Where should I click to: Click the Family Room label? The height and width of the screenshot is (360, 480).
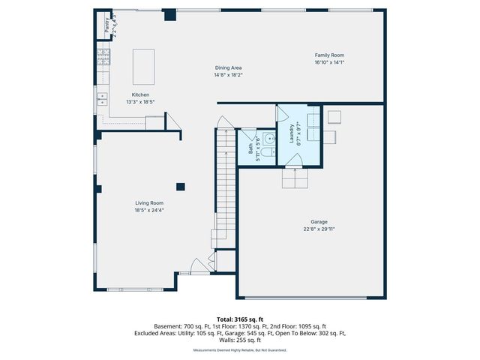coord(329,55)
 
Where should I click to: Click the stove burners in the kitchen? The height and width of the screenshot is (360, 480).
coord(103,55)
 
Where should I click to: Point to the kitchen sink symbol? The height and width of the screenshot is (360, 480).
coord(102,98)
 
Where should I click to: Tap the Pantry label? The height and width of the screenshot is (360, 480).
coord(106,25)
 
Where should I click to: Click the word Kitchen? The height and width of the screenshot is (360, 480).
coord(141,94)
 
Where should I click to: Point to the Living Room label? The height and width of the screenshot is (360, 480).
coord(149,202)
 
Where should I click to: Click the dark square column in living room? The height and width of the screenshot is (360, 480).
coord(180,187)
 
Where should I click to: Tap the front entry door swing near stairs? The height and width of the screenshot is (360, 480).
coord(197,265)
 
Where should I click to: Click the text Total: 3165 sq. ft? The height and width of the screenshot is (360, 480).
coord(240,319)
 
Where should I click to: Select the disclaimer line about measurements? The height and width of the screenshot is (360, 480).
coord(240,349)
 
